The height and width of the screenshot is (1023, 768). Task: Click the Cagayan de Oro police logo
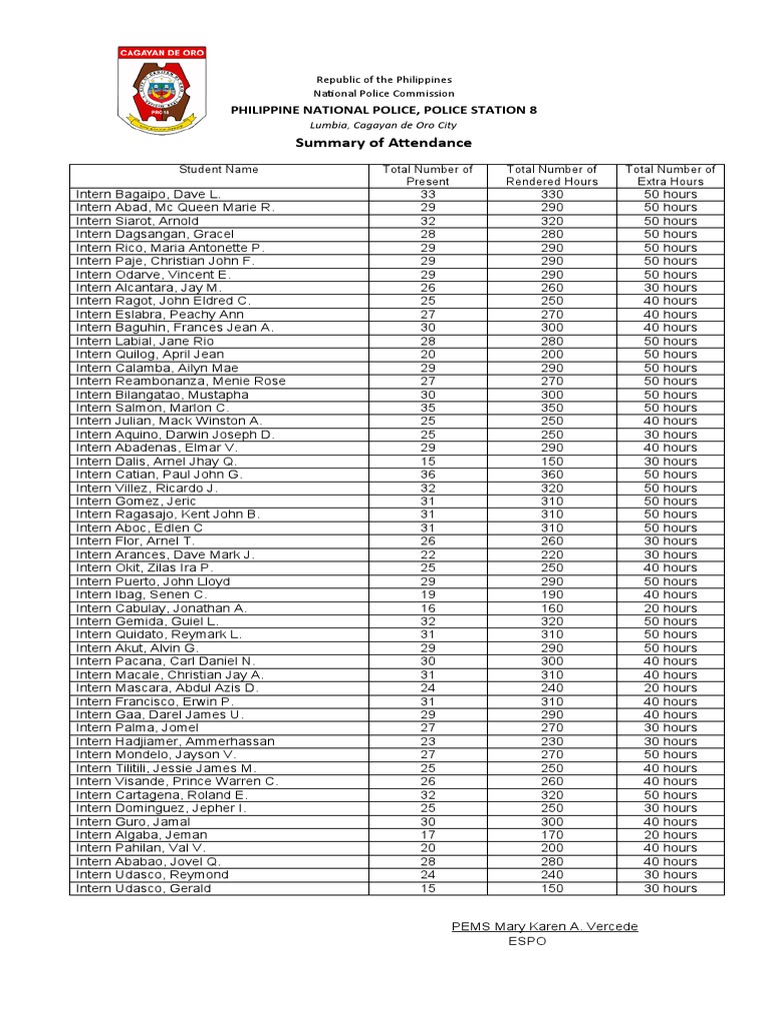click(x=163, y=91)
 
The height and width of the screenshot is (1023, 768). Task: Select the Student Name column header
click(x=218, y=170)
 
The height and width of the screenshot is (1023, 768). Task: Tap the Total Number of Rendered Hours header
click(x=552, y=176)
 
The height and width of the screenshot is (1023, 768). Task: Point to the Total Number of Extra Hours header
click(x=670, y=176)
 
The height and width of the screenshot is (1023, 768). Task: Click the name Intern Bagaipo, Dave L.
click(x=148, y=194)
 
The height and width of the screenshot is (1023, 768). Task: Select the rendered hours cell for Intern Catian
click(x=552, y=475)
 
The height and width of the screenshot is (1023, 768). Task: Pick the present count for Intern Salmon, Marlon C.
click(x=428, y=408)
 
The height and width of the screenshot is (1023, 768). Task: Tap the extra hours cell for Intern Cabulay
click(x=670, y=608)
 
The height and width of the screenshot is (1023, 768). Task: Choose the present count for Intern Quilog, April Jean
click(x=428, y=354)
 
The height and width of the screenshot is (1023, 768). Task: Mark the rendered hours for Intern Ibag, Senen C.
click(x=552, y=594)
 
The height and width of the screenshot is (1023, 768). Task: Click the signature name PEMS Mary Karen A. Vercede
click(x=544, y=926)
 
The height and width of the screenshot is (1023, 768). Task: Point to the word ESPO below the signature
click(x=528, y=941)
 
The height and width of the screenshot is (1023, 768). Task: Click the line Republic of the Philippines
click(x=384, y=80)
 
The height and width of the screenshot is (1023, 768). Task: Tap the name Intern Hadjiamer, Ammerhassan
click(x=175, y=741)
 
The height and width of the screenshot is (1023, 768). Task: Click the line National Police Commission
click(x=384, y=94)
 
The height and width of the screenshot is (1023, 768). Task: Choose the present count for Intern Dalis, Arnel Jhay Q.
click(x=428, y=462)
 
